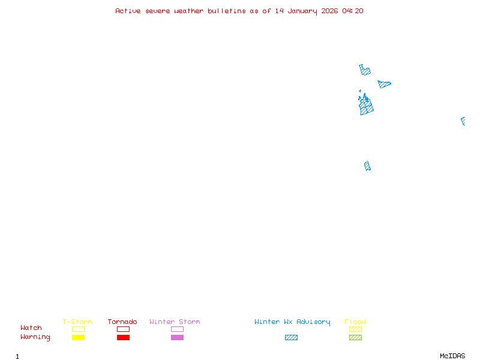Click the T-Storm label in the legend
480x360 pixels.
[x=77, y=322]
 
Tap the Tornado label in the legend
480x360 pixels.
[x=122, y=322]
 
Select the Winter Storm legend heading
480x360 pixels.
[x=175, y=322]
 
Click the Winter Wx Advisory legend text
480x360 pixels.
[x=292, y=322]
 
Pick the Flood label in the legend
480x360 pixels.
[x=355, y=322]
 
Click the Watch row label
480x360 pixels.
[x=31, y=328]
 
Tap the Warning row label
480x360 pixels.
[x=35, y=337]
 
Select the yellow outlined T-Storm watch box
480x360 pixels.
[x=78, y=329]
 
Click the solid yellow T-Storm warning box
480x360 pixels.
[x=78, y=338]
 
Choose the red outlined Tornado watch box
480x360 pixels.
[x=123, y=329]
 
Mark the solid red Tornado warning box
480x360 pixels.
[x=123, y=338]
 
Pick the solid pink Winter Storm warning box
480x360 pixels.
[x=177, y=338]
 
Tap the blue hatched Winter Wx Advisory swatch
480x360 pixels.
[x=291, y=338]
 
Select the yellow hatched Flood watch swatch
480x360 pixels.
[x=355, y=329]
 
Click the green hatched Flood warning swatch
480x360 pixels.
[x=355, y=338]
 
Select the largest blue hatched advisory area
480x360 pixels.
[x=366, y=106]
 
